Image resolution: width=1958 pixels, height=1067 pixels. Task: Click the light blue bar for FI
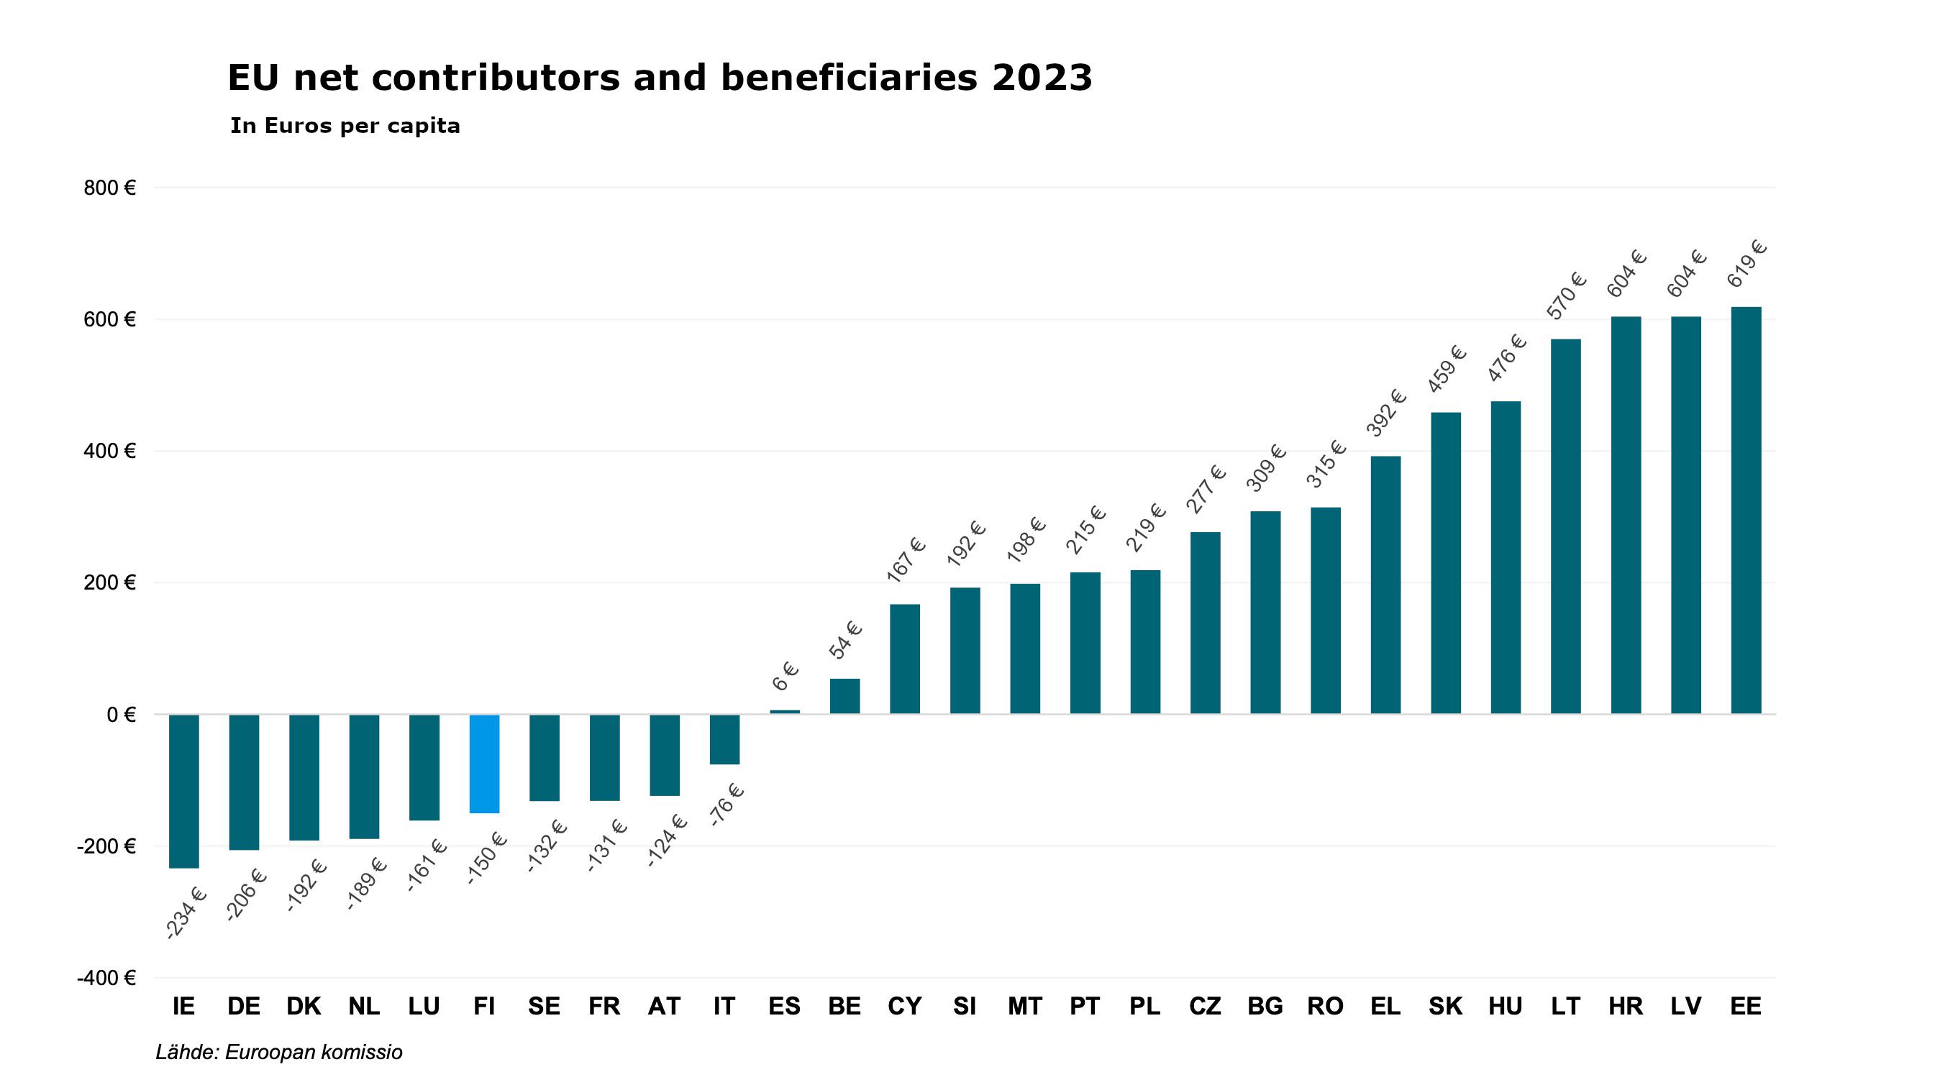(x=484, y=763)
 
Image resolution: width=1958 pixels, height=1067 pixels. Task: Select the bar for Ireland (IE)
(x=184, y=790)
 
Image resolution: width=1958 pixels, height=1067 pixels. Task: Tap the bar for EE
(x=1746, y=509)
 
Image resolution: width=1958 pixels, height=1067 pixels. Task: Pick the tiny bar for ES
(x=784, y=712)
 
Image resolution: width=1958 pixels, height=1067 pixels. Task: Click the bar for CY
(x=904, y=658)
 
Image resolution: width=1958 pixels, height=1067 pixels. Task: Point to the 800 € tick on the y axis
(x=109, y=188)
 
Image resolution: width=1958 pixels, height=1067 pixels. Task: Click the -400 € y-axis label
(x=106, y=978)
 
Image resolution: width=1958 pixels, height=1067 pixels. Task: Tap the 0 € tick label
(x=120, y=715)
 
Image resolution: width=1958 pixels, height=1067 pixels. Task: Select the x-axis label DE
(x=243, y=1006)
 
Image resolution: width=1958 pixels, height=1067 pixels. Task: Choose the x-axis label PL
(x=1144, y=1006)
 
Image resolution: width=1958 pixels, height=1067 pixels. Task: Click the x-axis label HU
(x=1505, y=1006)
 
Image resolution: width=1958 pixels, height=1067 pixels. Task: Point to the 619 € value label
(x=1747, y=264)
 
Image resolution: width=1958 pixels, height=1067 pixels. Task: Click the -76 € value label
(x=726, y=805)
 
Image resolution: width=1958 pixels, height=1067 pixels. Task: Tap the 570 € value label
(x=1567, y=296)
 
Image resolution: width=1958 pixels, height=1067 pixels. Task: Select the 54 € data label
(x=845, y=640)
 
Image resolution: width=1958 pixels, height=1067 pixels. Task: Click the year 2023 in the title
(x=1042, y=78)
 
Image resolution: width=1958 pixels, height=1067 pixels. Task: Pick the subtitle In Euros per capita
(x=345, y=126)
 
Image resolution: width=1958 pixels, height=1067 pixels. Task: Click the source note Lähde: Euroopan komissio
(x=279, y=1052)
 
